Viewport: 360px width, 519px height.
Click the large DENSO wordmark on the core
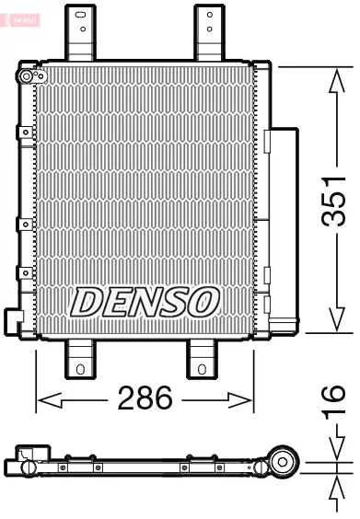point(145,301)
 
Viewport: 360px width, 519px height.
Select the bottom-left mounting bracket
point(81,360)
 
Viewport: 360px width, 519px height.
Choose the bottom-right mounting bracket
point(201,360)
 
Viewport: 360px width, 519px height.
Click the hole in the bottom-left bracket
point(81,370)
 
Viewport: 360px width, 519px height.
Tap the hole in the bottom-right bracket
point(201,370)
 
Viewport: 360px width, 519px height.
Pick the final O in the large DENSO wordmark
point(204,301)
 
